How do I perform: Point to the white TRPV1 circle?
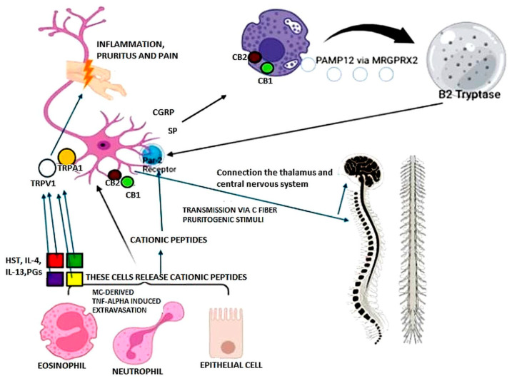click(x=47, y=168)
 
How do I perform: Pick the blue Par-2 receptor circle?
click(x=151, y=155)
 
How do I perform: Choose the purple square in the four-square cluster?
click(x=55, y=278)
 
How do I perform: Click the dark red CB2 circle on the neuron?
click(x=114, y=175)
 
